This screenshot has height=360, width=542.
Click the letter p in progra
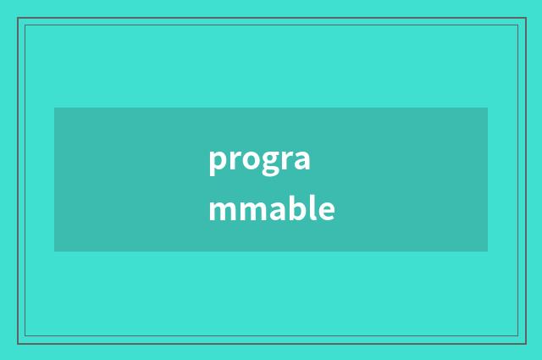[217, 162]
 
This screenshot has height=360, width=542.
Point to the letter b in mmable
[296, 208]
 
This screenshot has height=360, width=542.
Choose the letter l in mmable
[312, 208]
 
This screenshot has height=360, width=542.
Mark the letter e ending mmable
[326, 210]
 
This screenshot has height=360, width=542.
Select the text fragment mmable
[271, 209]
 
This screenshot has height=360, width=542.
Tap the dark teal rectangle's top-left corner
[54, 108]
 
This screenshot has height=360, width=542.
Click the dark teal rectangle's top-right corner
[488, 108]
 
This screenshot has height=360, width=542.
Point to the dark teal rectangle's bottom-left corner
[54, 252]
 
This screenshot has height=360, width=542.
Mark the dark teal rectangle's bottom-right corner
[488, 252]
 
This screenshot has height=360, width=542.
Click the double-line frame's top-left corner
[19, 19]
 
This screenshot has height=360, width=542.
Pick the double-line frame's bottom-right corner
[524, 342]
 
